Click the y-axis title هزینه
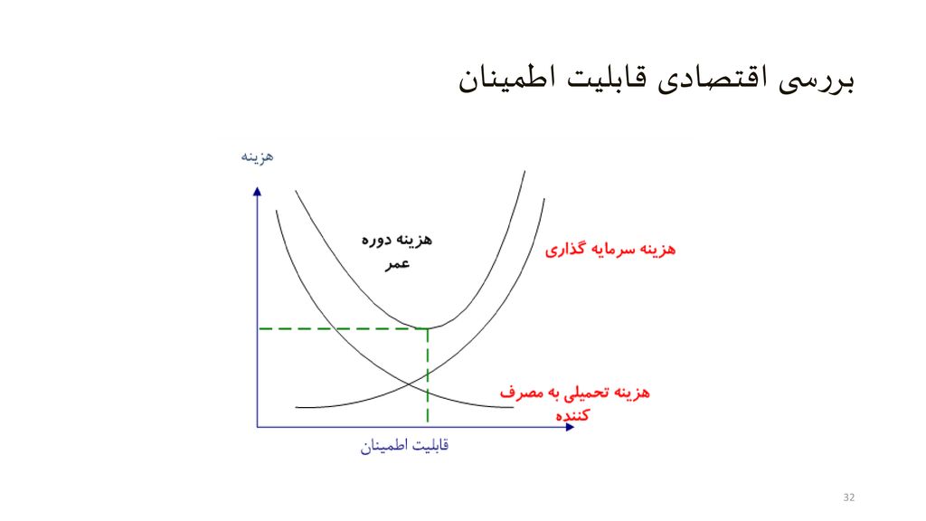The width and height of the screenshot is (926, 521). pos(257,156)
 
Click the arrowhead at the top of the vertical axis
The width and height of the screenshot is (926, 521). pos(258,192)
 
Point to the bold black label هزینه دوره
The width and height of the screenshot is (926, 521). pos(396,240)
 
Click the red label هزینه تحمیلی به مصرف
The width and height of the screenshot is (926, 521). pos(575,393)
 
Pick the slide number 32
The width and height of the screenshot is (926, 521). pos(848,498)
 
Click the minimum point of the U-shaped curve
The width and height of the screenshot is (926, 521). pos(427,327)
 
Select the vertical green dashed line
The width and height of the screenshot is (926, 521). pos(427,380)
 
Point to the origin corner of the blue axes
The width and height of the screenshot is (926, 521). pos(258,426)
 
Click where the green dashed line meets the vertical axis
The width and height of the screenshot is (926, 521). pos(259,328)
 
